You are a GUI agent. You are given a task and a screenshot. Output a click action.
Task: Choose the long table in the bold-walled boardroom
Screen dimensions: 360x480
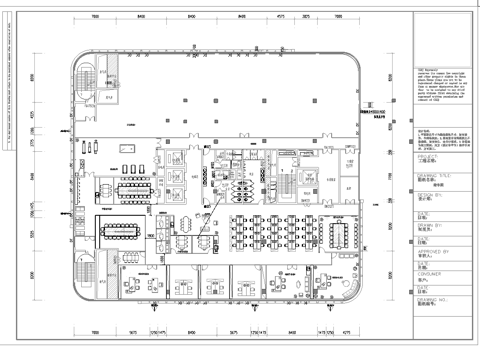coord(125,228)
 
